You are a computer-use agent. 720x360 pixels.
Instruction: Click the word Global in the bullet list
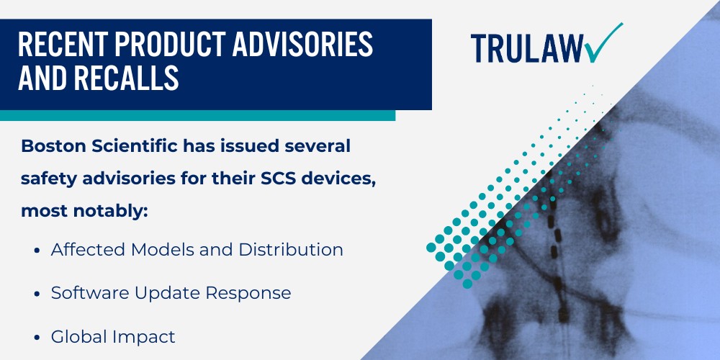tap(73, 336)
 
